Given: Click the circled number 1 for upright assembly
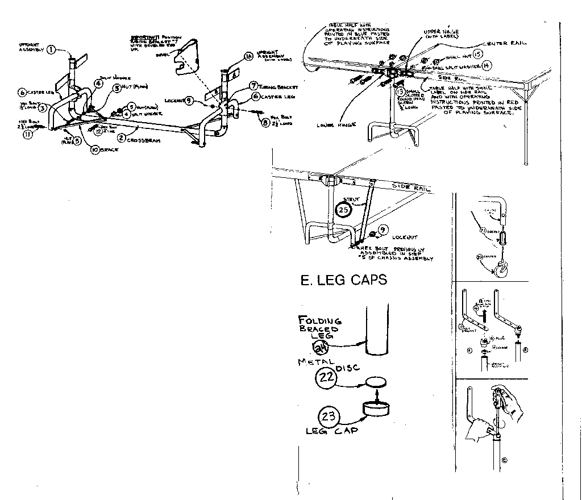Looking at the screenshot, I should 51,49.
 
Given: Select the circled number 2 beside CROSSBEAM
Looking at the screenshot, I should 120,138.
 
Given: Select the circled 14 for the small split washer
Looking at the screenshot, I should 485,66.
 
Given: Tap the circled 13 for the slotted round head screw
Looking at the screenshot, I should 400,90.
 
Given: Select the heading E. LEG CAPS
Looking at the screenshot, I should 343,280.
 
